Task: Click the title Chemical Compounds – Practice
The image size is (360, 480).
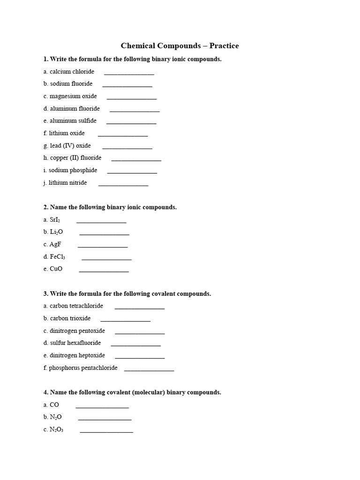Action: pos(180,45)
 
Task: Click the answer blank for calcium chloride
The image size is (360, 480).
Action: pos(129,73)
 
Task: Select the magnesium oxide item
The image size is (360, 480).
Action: pos(70,96)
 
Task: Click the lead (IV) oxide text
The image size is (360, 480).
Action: pos(67,146)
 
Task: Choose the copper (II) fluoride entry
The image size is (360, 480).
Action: pos(72,158)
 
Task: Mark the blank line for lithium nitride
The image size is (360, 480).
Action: pos(123,184)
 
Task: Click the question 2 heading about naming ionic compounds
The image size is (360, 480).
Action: pos(110,207)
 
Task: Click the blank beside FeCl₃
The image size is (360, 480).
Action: pos(106,258)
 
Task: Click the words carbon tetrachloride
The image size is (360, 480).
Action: pos(73,306)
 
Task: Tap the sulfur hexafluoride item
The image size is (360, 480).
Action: pos(72,343)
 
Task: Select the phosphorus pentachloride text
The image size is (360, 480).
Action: pos(80,368)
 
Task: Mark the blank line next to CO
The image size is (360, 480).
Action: pos(102,406)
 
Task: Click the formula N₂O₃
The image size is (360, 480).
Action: pos(56,429)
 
